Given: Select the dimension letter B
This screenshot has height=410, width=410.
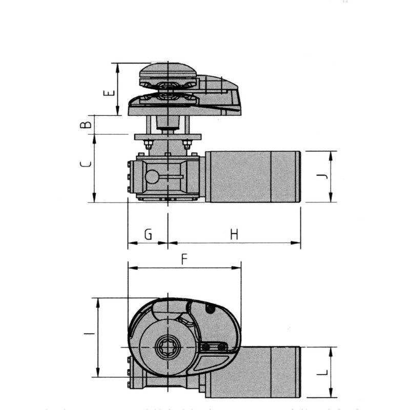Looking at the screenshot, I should pyautogui.click(x=88, y=124).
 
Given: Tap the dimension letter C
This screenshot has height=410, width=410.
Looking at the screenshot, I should pyautogui.click(x=87, y=164).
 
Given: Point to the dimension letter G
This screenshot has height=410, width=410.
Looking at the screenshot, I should pyautogui.click(x=148, y=235).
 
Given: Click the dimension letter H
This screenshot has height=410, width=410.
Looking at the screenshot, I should pyautogui.click(x=234, y=235).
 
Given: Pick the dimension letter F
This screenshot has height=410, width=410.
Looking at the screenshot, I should pyautogui.click(x=184, y=260).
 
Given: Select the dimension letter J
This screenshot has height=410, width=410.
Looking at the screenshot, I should pyautogui.click(x=321, y=177).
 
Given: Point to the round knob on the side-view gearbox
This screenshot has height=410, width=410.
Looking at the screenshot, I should pyautogui.click(x=152, y=177).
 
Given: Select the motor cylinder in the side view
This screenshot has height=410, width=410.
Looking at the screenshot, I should pyautogui.click(x=251, y=176).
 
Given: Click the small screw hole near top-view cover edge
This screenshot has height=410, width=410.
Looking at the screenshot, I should pyautogui.click(x=210, y=309).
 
